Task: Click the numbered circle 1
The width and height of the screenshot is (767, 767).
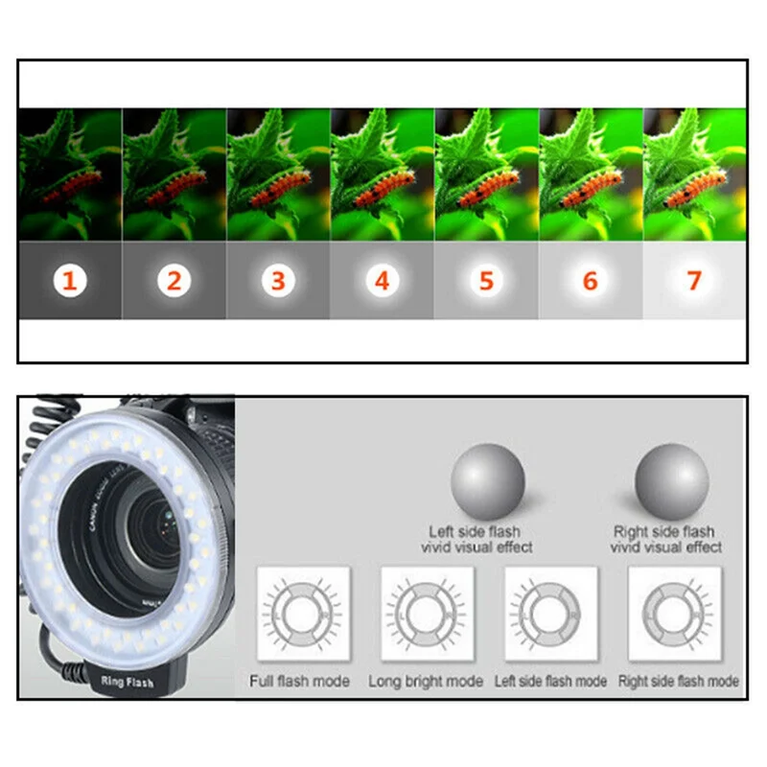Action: [x=69, y=281]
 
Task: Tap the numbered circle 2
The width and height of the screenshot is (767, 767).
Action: [x=174, y=281]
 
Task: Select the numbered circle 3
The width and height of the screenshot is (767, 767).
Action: [x=277, y=281]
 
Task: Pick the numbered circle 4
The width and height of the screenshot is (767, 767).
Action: [x=382, y=281]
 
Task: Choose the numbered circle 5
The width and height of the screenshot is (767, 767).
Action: [x=486, y=281]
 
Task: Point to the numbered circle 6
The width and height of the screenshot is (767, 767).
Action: [x=590, y=281]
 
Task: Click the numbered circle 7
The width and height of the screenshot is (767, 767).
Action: [x=694, y=281]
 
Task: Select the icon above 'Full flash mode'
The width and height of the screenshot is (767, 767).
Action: [x=302, y=614]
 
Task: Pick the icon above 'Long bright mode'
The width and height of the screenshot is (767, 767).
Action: [x=428, y=614]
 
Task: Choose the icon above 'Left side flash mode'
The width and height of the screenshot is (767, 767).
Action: [x=550, y=614]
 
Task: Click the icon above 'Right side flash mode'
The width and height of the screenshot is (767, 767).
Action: [x=675, y=614]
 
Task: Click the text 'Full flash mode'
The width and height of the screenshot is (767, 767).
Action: [x=300, y=681]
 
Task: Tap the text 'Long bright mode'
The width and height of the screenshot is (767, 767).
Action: [x=426, y=681]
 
